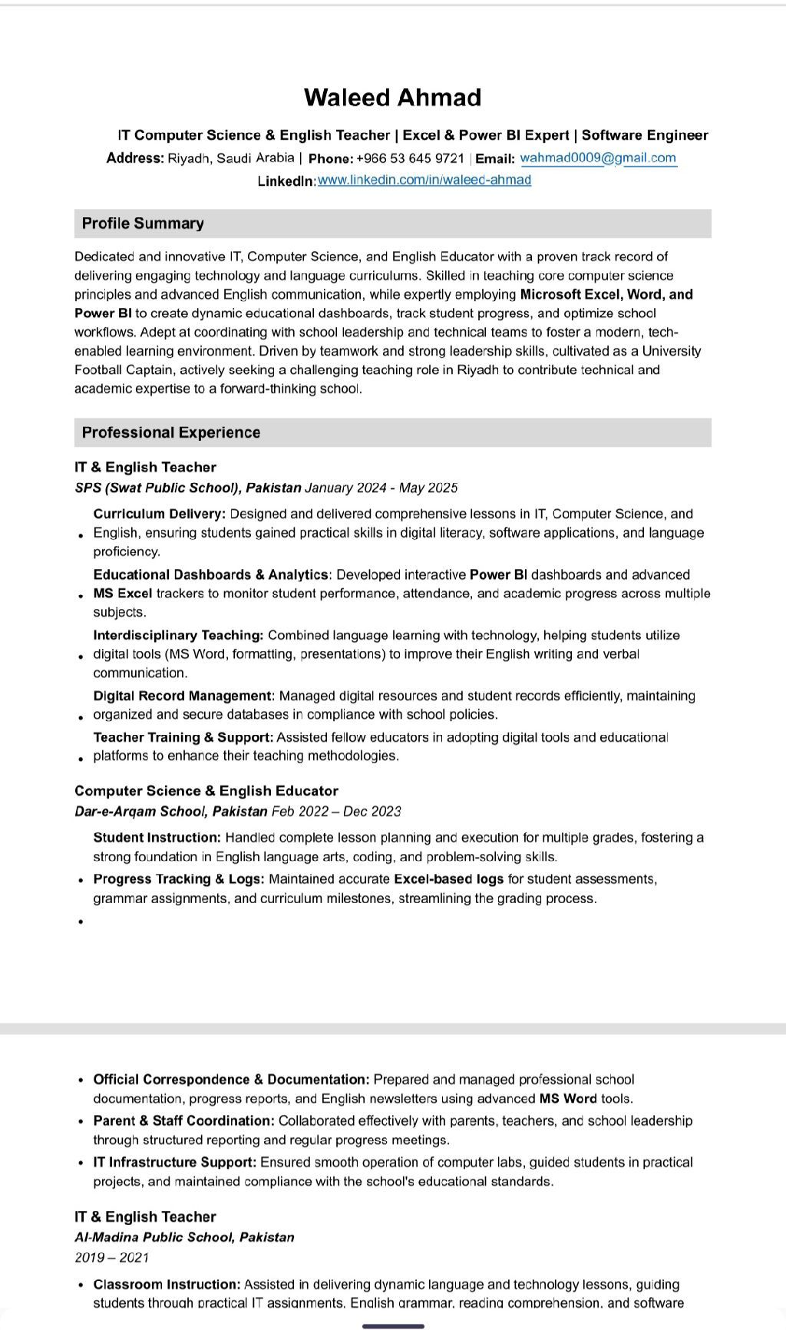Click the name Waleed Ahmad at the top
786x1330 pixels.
click(392, 98)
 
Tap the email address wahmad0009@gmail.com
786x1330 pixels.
click(598, 158)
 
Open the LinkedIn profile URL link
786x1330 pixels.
click(424, 180)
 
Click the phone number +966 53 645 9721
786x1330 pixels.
click(410, 159)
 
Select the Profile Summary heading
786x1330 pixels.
click(143, 223)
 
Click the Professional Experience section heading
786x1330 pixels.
click(170, 432)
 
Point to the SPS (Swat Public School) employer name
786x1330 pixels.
click(188, 488)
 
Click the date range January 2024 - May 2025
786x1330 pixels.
click(381, 488)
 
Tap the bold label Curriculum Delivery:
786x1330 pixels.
click(160, 514)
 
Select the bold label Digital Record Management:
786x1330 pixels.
click(183, 696)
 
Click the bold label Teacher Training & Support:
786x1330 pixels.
click(183, 737)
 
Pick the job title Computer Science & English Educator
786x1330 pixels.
click(206, 791)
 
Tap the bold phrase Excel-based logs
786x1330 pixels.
click(448, 879)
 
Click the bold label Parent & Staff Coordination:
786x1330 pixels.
click(183, 1121)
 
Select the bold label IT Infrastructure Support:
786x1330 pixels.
click(174, 1163)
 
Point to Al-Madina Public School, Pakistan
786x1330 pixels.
click(184, 1237)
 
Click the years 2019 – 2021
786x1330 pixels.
click(112, 1258)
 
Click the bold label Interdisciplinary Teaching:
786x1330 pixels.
click(178, 635)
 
